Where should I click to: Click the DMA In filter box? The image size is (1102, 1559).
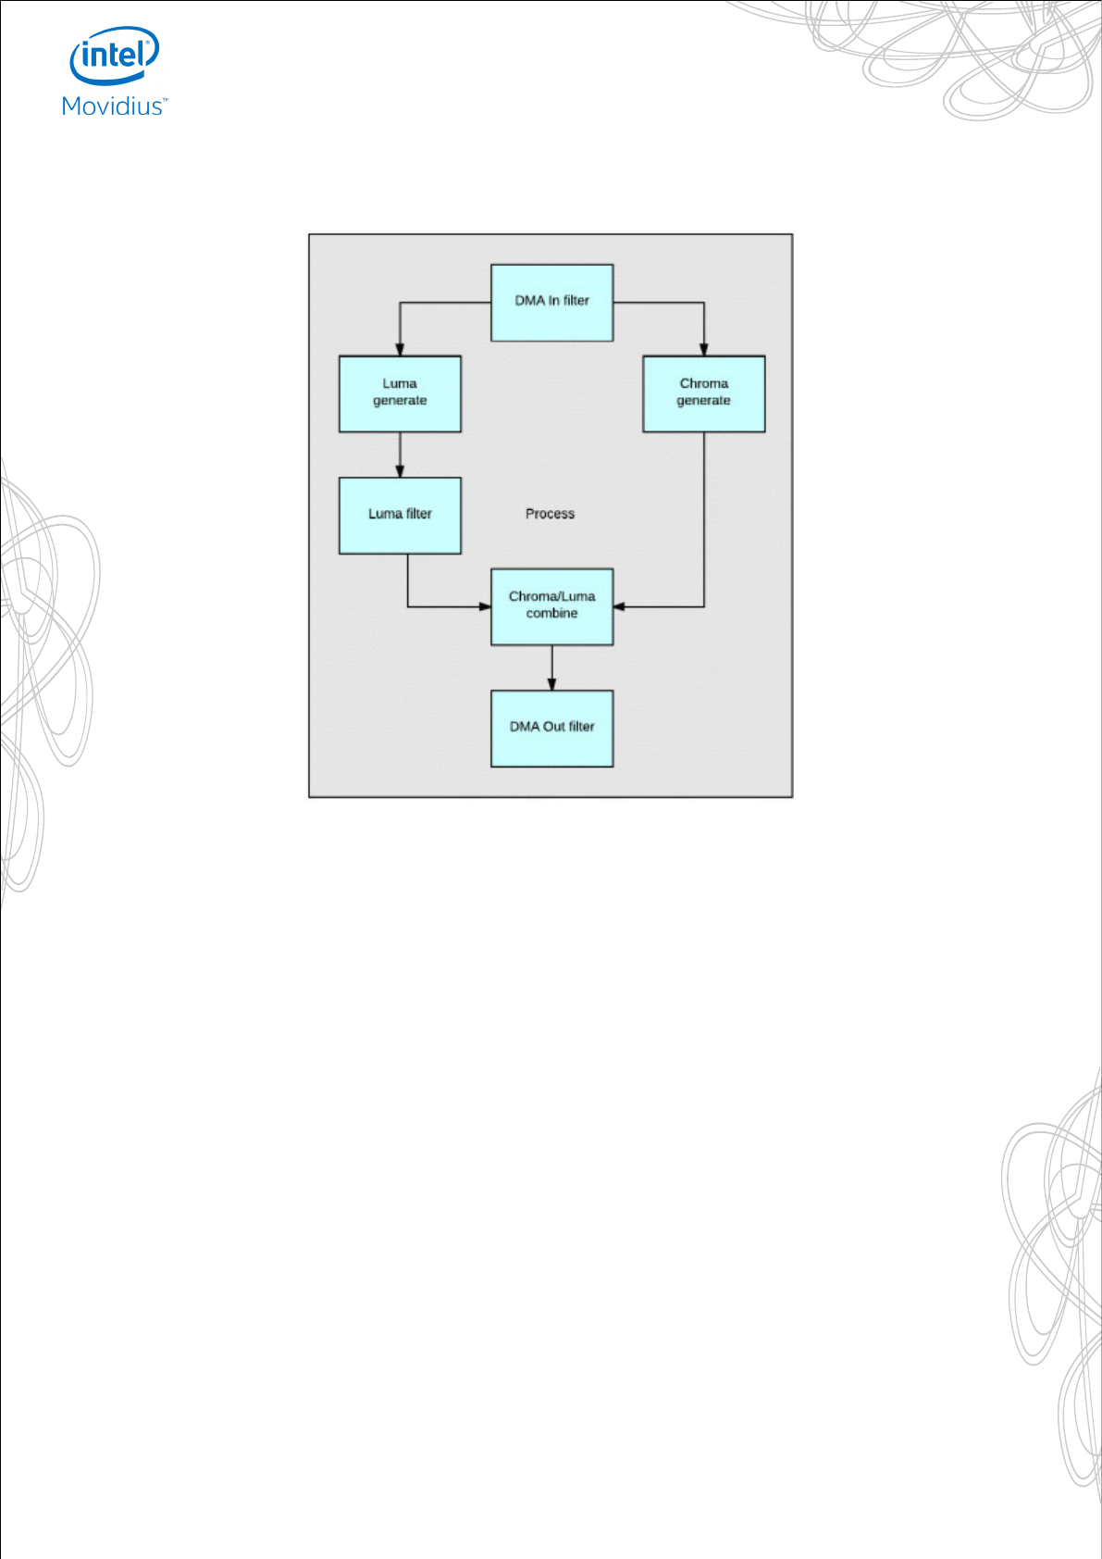pos(551,303)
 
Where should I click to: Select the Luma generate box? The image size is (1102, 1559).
pos(400,393)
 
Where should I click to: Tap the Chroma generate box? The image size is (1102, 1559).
pos(703,393)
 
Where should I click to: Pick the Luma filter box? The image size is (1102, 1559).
pos(400,516)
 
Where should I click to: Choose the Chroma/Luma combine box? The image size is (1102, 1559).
pos(551,606)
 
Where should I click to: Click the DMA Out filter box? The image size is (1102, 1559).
pos(551,729)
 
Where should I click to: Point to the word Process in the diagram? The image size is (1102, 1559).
pos(550,514)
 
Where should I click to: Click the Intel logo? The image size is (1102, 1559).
pos(115,56)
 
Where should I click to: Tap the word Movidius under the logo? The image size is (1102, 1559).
pos(113,106)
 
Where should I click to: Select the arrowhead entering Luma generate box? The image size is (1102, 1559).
pos(400,350)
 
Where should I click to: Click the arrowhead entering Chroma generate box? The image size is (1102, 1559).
pos(703,350)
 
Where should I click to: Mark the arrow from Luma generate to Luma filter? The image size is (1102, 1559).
pos(400,455)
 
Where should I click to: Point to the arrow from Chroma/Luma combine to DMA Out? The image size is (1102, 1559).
pos(552,667)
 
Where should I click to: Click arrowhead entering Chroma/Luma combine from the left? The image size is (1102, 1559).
pos(485,606)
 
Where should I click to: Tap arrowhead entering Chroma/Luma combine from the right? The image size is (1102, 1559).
pos(619,606)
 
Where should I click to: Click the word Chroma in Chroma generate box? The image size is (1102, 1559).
pos(703,383)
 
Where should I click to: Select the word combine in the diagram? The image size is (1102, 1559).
pos(551,614)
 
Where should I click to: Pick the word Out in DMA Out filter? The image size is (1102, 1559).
pos(554,727)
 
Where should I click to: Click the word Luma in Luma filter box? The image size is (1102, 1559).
pos(385,514)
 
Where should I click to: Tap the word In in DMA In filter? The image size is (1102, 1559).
pos(553,301)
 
